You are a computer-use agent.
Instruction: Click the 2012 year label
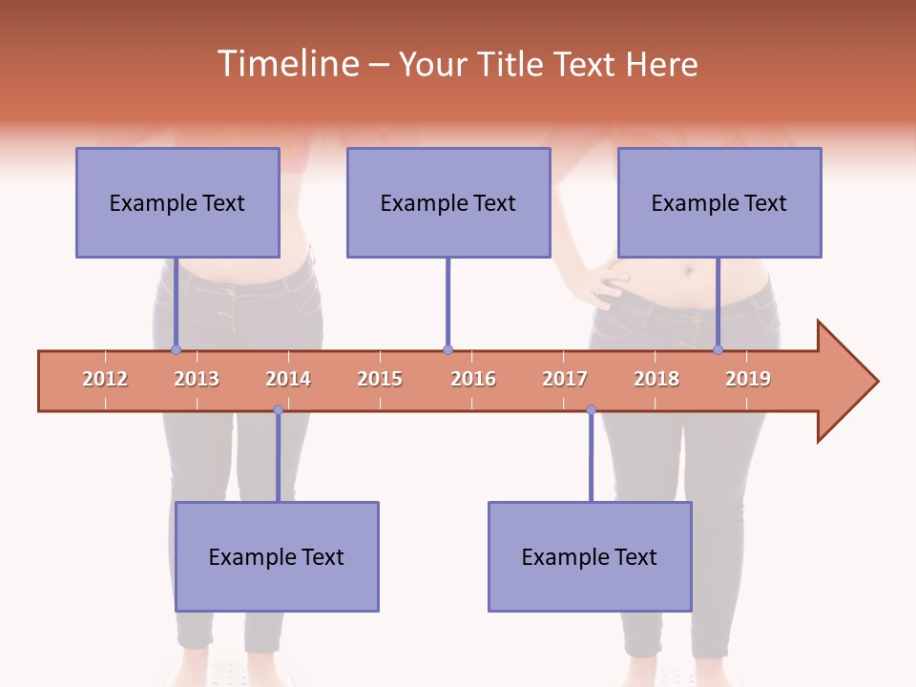(x=105, y=379)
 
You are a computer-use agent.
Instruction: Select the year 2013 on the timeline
(x=197, y=379)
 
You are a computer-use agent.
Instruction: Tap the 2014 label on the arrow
(x=288, y=379)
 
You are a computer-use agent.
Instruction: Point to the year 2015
(x=380, y=379)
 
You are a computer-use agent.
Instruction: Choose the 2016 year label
(x=473, y=379)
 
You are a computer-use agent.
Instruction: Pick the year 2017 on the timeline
(x=565, y=379)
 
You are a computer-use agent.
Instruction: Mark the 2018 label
(x=656, y=379)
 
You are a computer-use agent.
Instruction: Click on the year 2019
(x=748, y=379)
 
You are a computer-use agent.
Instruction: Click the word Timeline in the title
(x=286, y=64)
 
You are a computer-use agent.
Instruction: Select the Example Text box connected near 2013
(x=177, y=202)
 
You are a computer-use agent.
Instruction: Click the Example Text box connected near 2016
(x=448, y=202)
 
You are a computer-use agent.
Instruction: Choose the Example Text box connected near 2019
(x=719, y=202)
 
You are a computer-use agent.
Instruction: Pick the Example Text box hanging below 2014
(x=277, y=556)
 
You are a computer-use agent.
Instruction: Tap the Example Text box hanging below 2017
(x=590, y=556)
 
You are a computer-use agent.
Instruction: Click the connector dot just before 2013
(x=176, y=349)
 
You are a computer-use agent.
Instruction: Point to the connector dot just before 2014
(x=278, y=410)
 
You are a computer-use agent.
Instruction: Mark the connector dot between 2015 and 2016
(x=448, y=349)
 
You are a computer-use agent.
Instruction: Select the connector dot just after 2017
(x=591, y=410)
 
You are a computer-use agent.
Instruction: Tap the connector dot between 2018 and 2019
(x=718, y=349)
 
